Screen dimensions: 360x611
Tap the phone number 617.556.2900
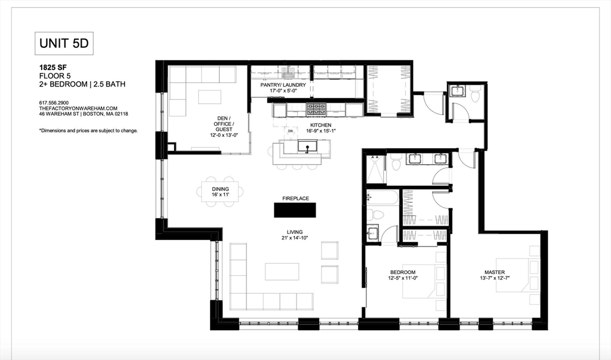click(x=54, y=103)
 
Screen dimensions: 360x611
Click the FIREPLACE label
click(x=295, y=198)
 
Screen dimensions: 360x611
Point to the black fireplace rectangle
click(x=295, y=210)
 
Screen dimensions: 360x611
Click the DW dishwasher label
click(x=291, y=131)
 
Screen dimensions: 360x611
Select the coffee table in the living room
click(x=282, y=272)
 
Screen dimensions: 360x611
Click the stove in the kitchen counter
click(x=314, y=109)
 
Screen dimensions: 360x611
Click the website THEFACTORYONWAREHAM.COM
click(x=69, y=108)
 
